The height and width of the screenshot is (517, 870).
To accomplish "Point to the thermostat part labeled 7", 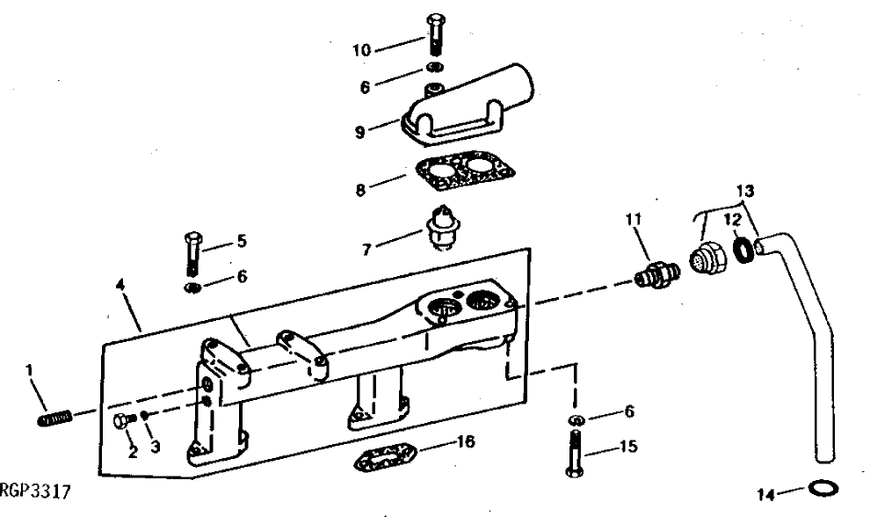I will tap(443, 228).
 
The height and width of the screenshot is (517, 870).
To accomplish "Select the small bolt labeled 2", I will tap(123, 419).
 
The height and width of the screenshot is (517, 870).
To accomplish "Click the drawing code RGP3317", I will tap(35, 488).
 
